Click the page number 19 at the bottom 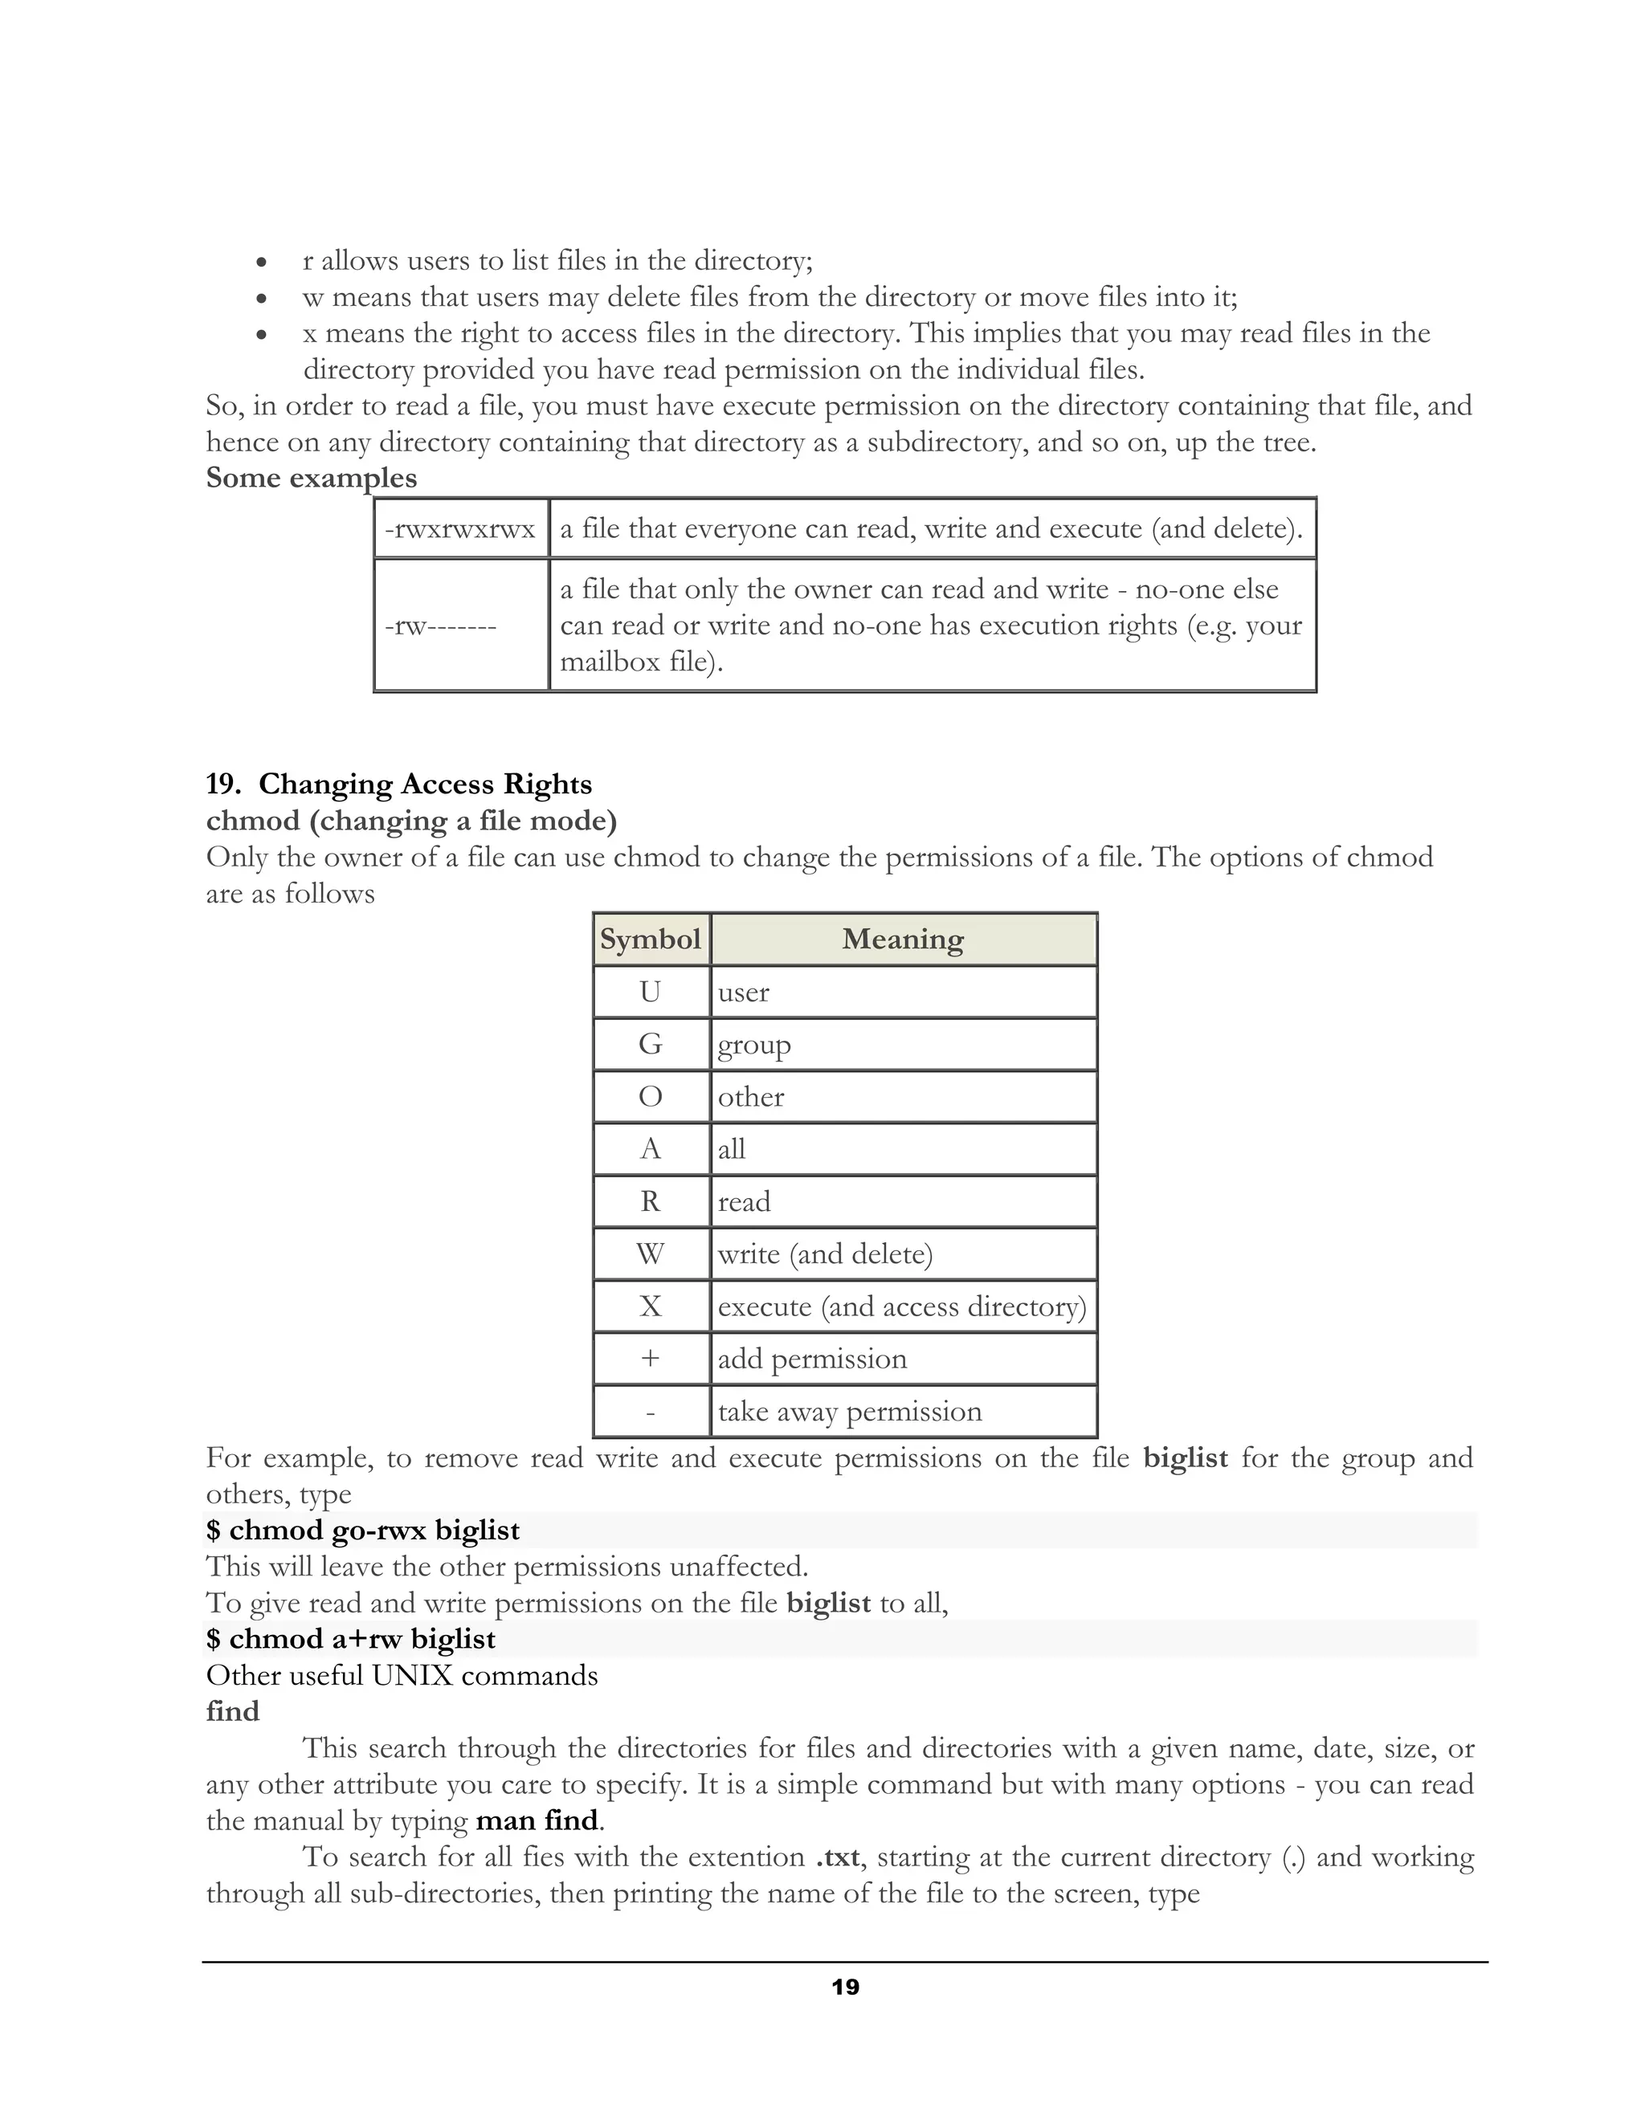pos(845,1987)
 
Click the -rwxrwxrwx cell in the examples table pos(460,529)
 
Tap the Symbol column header pos(650,940)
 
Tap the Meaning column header pos(902,940)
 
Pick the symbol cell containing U pos(650,992)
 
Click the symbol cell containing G pos(650,1045)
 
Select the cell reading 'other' pos(750,1097)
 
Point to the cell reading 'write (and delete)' pos(824,1254)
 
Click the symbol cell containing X pos(650,1307)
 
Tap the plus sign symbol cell pos(650,1360)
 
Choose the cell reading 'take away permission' pos(849,1412)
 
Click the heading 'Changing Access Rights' pos(424,785)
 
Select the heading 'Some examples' pos(311,478)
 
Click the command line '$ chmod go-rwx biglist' pos(362,1531)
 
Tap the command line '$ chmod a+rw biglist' pos(351,1639)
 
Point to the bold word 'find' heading pos(232,1712)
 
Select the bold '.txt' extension pos(837,1857)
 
